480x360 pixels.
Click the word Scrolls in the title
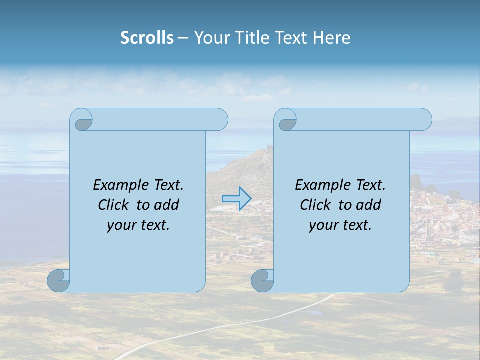click(147, 38)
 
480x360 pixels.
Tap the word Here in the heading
click(331, 38)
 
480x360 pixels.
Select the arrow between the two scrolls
click(236, 199)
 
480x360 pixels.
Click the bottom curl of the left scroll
click(58, 280)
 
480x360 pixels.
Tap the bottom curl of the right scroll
click(262, 280)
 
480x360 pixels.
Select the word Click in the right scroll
click(315, 205)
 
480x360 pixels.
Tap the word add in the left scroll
click(167, 205)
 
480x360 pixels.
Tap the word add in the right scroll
click(369, 205)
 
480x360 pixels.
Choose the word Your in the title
click(210, 38)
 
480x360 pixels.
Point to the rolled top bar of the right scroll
click(360, 120)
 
